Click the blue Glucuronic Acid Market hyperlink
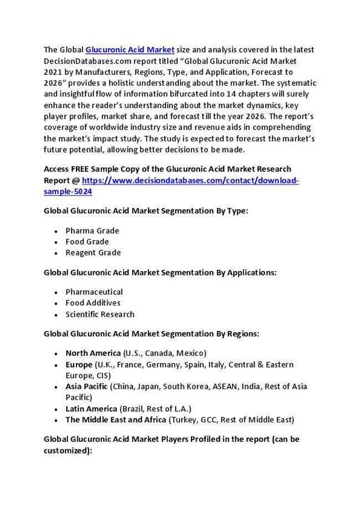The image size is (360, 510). (130, 49)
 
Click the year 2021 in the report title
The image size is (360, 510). (53, 72)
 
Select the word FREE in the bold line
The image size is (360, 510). (82, 169)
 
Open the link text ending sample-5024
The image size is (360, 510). (68, 191)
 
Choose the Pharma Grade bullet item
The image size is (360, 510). (92, 230)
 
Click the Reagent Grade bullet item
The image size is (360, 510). (93, 253)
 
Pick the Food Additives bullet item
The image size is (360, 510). (92, 303)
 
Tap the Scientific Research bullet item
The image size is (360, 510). (100, 314)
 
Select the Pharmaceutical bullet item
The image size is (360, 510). (94, 292)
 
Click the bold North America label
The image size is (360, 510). (93, 353)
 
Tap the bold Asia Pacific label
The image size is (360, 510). (86, 386)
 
